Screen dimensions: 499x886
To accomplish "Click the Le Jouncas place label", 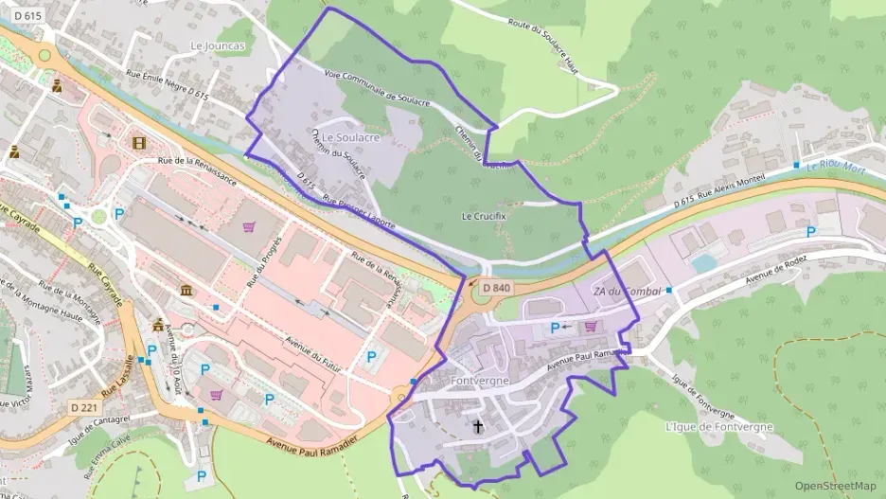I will coord(217,45).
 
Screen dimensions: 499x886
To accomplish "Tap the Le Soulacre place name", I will coord(350,137).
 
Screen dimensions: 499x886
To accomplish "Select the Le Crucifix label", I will coord(484,216).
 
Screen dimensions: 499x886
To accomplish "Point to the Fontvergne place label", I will coord(480,381).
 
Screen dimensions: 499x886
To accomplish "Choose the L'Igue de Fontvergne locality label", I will coord(719,427).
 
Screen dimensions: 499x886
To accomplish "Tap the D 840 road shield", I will coord(496,288).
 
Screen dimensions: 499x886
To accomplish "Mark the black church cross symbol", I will coord(479,427).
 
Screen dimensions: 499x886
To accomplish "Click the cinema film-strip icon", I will coord(140,143).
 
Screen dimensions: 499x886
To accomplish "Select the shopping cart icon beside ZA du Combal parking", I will coord(592,327).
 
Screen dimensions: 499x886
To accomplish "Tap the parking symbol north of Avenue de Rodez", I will coord(810,232).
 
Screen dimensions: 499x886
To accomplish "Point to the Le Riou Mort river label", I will coord(838,163).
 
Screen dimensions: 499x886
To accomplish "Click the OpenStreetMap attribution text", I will coord(835,486).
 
